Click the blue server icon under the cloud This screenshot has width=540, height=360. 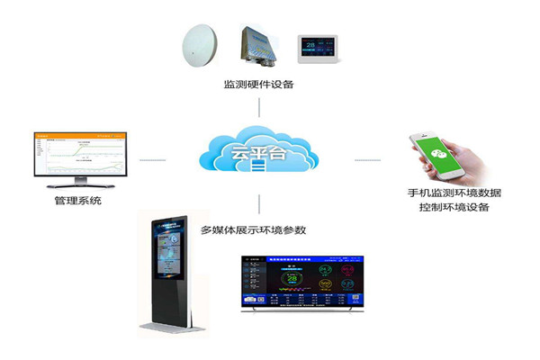pyautogui.click(x=258, y=167)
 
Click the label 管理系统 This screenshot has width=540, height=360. pyautogui.click(x=77, y=201)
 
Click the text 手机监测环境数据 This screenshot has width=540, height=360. pyautogui.click(x=454, y=193)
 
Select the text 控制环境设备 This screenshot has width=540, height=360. pyautogui.click(x=454, y=209)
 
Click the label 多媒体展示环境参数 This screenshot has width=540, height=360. pyautogui.click(x=258, y=229)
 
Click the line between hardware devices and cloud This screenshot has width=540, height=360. pyautogui.click(x=258, y=107)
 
